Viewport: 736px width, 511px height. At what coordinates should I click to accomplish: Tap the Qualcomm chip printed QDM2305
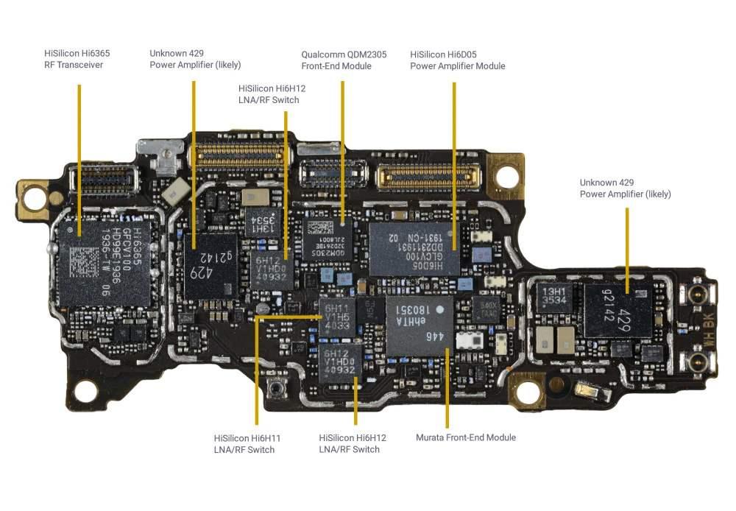[x=327, y=239]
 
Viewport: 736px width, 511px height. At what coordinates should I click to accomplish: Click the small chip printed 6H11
[x=336, y=315]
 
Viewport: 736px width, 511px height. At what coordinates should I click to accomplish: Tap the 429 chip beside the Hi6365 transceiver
[x=210, y=265]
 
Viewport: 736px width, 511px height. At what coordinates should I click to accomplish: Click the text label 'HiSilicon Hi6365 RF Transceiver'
[x=74, y=59]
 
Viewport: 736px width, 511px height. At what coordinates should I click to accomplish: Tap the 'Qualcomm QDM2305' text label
[x=344, y=54]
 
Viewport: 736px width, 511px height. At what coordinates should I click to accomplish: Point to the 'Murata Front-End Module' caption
[x=465, y=437]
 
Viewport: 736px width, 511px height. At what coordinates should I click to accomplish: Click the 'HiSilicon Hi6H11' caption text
[x=247, y=438]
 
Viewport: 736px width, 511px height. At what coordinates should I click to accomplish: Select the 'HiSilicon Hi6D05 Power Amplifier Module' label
[x=457, y=60]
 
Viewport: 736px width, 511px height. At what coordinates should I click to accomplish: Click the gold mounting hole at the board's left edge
[x=34, y=196]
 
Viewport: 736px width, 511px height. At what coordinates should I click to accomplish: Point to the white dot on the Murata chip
[x=440, y=310]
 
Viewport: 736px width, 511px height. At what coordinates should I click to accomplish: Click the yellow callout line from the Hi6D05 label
[x=454, y=162]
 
